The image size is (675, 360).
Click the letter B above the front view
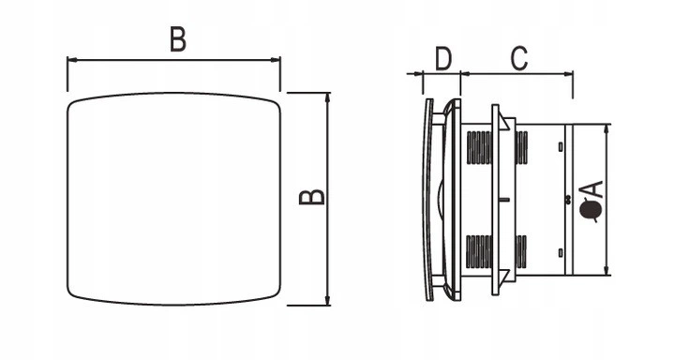(178, 39)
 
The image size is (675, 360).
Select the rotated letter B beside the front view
(311, 196)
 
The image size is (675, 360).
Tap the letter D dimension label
(443, 59)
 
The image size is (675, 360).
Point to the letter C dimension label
(519, 59)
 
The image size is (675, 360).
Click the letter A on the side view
(591, 189)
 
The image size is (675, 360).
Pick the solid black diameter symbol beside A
(590, 210)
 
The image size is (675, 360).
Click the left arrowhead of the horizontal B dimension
(72, 60)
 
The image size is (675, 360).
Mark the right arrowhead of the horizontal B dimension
(275, 60)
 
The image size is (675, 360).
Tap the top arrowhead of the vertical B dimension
(328, 97)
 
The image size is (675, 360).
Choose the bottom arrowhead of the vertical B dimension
(328, 300)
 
